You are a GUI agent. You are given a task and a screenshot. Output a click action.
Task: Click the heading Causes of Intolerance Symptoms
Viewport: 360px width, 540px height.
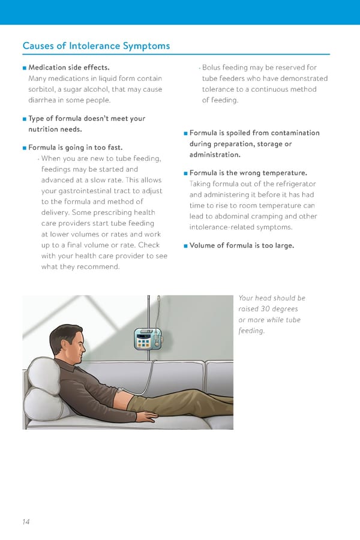96,46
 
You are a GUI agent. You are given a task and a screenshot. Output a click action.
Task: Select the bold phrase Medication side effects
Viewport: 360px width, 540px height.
68,68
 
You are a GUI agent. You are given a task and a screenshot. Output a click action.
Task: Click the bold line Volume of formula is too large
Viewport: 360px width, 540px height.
241,245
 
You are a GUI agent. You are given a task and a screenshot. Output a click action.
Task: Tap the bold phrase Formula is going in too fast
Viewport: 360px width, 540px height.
75,148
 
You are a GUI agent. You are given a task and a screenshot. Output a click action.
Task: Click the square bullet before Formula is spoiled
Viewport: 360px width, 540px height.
186,133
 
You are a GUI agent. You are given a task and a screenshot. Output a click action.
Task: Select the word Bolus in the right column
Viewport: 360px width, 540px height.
212,68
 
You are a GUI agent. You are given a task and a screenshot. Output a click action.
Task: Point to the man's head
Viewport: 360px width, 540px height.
65,339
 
